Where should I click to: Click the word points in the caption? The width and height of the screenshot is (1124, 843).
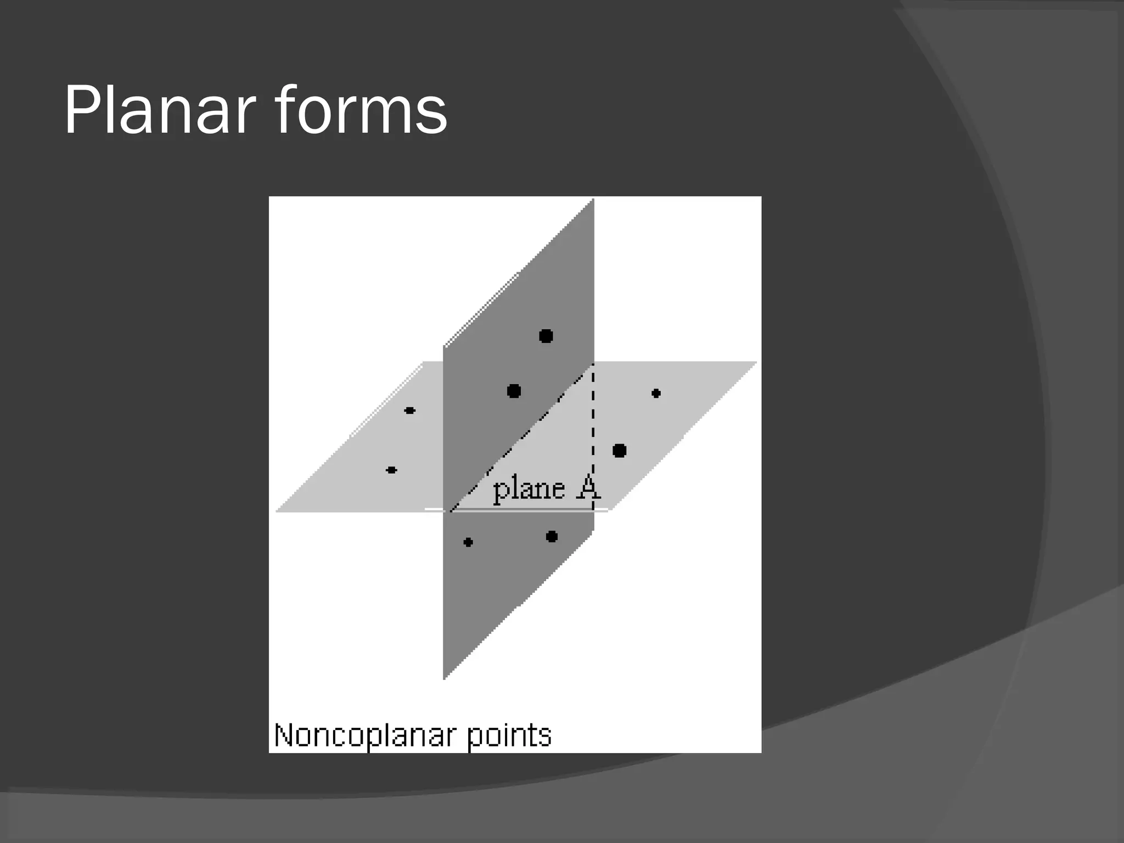(509, 736)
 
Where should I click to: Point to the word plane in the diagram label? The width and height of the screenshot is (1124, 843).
(529, 488)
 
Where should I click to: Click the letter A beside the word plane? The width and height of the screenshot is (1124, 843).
(588, 487)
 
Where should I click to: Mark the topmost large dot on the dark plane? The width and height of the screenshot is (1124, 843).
(546, 336)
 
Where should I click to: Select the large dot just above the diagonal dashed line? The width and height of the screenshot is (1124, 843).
(514, 391)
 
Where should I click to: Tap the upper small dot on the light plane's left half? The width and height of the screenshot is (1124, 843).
(409, 411)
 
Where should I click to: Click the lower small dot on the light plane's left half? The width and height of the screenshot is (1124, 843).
(391, 470)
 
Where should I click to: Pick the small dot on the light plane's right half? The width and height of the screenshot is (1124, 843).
(656, 394)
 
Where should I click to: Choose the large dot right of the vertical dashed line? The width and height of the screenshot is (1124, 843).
(619, 451)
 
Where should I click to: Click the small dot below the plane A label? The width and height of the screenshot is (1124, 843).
(468, 542)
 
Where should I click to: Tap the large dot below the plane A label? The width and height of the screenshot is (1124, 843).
(552, 536)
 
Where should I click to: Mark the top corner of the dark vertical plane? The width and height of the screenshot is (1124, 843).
(593, 200)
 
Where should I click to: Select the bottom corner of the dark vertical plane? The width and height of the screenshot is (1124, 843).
(444, 678)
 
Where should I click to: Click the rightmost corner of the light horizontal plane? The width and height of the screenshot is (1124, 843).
(756, 362)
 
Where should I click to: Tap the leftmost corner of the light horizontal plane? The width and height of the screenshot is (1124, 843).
(276, 511)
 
